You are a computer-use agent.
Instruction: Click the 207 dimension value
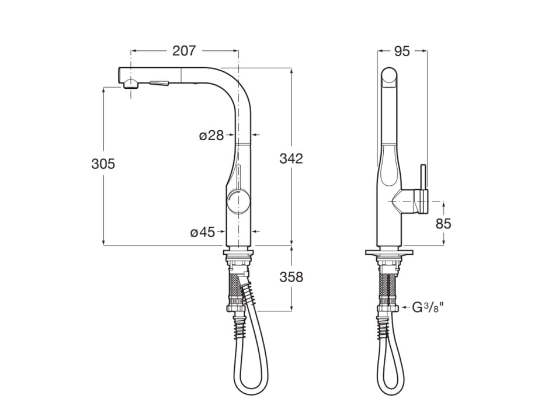click(x=183, y=51)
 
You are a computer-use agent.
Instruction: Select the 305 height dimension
click(x=103, y=164)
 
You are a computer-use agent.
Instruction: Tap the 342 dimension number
click(x=291, y=158)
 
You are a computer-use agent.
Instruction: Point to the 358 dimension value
click(x=291, y=276)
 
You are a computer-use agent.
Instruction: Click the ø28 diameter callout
click(x=211, y=136)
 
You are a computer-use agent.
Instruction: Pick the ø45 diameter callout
click(x=203, y=233)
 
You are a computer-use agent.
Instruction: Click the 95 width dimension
click(x=401, y=51)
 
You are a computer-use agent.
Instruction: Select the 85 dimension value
click(x=443, y=223)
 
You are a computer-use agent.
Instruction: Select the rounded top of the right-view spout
click(x=390, y=73)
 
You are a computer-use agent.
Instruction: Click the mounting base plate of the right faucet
click(x=390, y=254)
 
